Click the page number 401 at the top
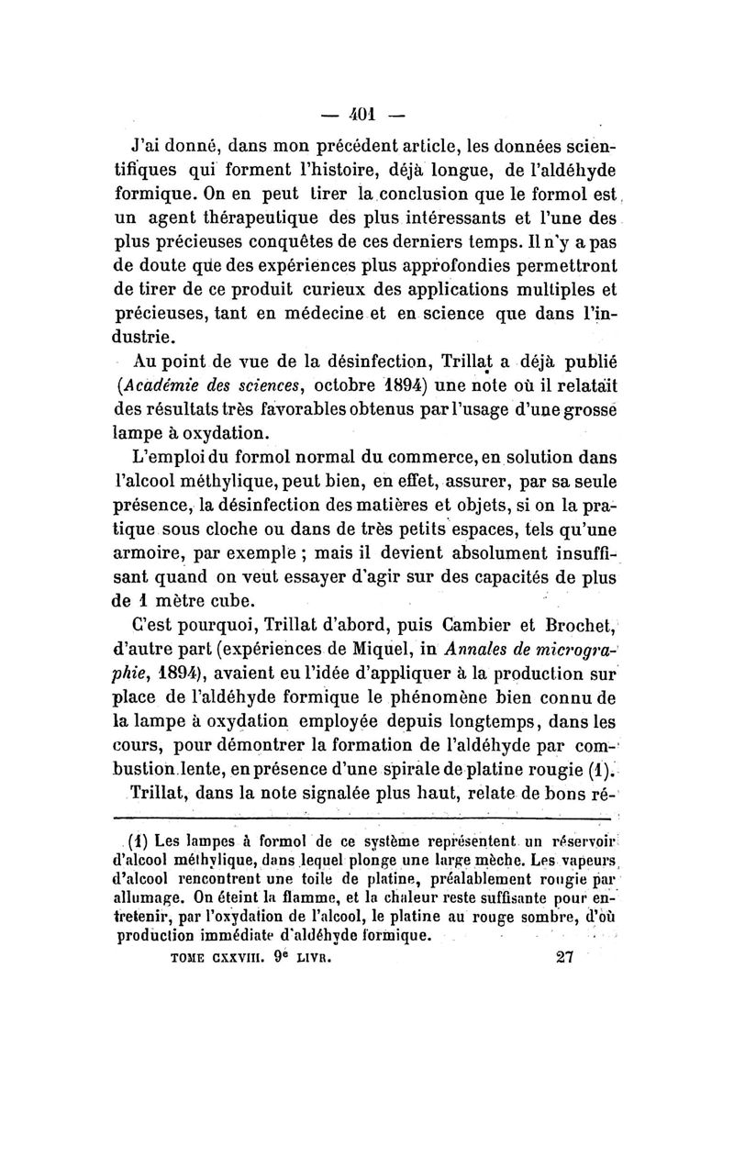[367, 117]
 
